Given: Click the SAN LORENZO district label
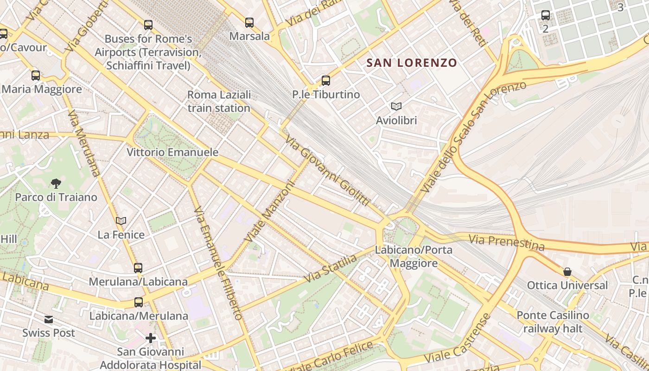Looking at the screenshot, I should point(412,63).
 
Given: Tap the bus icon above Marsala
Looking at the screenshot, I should point(249,22).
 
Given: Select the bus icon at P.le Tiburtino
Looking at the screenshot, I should point(326,81).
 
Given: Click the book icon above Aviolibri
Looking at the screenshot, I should point(396,106).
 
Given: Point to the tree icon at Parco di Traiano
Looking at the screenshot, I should point(56,183).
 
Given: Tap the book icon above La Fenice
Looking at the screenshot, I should point(121,221).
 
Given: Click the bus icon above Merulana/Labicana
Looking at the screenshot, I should point(138,268).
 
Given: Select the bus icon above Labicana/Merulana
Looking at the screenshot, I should point(139,302).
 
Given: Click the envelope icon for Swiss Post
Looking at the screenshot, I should point(49,320).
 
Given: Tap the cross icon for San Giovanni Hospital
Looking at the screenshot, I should point(151,338).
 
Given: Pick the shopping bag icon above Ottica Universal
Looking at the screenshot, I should point(567,271).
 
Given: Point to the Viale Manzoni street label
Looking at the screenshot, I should point(270,211).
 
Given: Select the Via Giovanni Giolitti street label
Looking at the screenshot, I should point(327,171).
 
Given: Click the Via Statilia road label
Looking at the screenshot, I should point(331,268).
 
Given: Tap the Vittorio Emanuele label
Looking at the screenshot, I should point(172,152).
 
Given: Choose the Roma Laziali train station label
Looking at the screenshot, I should point(219,102).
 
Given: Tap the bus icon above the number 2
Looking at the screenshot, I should point(546,15).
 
